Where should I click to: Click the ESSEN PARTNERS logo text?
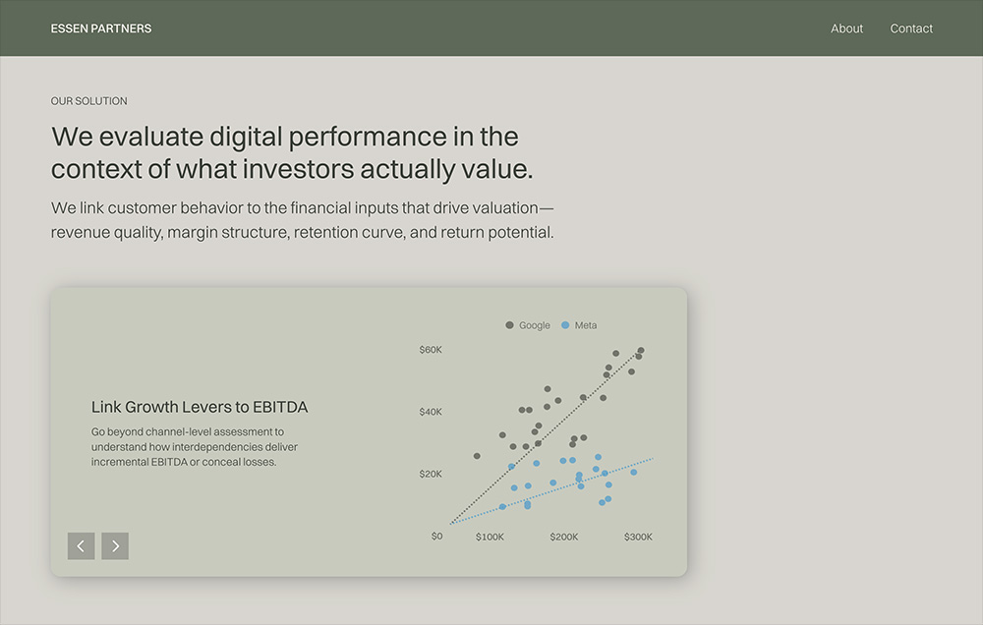coord(101,28)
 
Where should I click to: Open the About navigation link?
coord(846,28)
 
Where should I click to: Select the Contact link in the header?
coord(911,28)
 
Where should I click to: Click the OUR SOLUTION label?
coord(89,101)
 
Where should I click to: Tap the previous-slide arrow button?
coord(81,546)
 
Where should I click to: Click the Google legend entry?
coord(528,325)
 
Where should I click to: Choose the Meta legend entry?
coord(579,325)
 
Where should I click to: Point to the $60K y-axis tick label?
coord(431,350)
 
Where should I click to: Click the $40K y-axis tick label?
coord(431,412)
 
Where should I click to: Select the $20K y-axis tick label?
coord(431,474)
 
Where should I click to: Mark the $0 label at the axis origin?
coord(437,536)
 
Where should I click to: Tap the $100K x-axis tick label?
coord(490,537)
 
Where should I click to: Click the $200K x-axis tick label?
coord(564,537)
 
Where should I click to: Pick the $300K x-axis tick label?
coord(638,537)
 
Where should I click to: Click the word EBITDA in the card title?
coord(280,407)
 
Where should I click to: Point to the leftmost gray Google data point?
coord(477,456)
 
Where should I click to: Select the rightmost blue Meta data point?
coord(634,472)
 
